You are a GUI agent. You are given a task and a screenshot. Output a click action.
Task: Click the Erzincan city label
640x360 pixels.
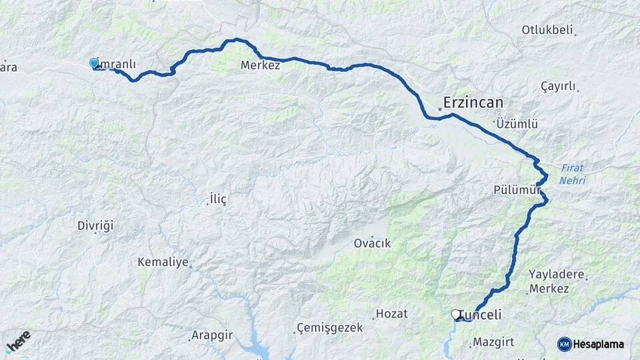tap(473, 103)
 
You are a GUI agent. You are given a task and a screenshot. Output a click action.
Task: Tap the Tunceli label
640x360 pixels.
tap(480, 315)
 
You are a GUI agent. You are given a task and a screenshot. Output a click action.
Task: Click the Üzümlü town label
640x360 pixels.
tap(517, 123)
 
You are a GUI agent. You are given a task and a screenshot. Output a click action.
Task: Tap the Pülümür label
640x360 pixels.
tap(517, 189)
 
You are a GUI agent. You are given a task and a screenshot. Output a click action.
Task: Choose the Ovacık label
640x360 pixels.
tap(372, 243)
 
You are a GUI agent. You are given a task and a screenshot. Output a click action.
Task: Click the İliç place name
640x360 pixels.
tap(218, 199)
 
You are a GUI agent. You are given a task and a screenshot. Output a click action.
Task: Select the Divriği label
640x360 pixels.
tap(95, 225)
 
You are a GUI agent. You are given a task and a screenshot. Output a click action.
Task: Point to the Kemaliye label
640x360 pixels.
tap(163, 262)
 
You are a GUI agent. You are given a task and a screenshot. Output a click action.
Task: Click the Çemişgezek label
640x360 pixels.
tap(330, 328)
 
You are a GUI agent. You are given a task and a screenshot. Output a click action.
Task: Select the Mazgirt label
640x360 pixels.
tap(493, 343)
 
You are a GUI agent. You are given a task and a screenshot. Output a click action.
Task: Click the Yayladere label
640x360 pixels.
tap(556, 274)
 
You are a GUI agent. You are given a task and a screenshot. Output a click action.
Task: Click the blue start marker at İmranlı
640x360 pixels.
tap(94, 63)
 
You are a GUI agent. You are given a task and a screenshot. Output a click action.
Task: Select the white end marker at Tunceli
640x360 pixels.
tap(456, 314)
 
